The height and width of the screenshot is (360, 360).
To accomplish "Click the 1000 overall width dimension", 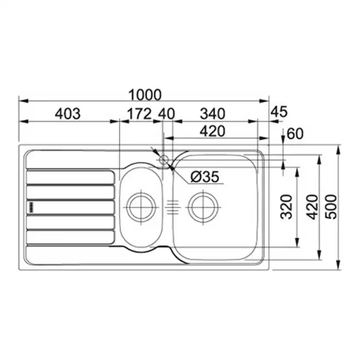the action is [x=145, y=95].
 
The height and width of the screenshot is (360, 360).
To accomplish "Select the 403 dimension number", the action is [x=68, y=113].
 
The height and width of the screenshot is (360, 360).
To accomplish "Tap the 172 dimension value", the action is [x=140, y=113].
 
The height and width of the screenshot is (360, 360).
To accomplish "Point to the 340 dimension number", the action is [x=213, y=113].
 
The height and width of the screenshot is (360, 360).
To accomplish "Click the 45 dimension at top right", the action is [x=279, y=112].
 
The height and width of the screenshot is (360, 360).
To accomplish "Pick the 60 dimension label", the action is [x=295, y=133].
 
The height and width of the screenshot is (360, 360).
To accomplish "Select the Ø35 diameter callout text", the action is [x=205, y=177].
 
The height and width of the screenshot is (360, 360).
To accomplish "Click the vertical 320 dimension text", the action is [x=287, y=207].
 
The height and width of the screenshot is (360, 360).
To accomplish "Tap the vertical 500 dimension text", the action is [x=331, y=207].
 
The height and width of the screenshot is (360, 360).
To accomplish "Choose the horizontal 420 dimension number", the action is [x=213, y=131].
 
